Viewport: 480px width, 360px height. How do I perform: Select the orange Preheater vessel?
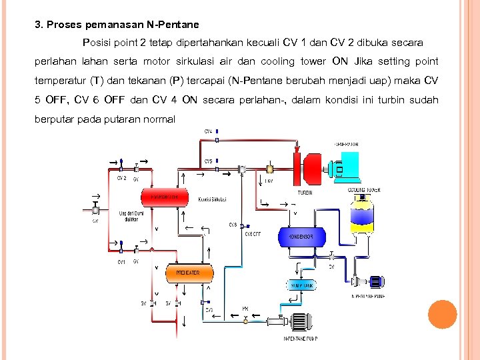coord(187,273)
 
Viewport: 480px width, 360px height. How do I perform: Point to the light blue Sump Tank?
coord(302,285)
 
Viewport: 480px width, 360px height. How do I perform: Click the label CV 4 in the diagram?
coord(209,131)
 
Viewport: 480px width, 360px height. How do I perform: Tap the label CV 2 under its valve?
coord(121,178)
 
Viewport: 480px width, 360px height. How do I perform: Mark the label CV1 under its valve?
coord(121,261)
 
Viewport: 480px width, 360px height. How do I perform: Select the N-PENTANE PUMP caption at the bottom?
coord(300,339)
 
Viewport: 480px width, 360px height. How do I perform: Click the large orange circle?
coord(442,315)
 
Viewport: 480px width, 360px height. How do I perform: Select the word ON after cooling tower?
coord(341,61)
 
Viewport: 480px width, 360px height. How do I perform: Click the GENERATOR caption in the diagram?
coord(346,144)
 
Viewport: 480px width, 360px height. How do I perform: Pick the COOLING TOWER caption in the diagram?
coord(364,190)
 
